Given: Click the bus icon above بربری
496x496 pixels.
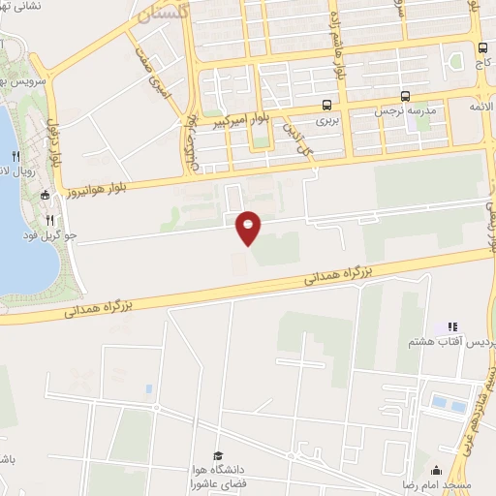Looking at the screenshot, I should (x=326, y=107).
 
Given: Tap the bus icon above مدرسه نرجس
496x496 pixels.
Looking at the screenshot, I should (x=405, y=95).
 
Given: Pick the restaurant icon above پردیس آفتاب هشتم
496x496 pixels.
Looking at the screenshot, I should (x=453, y=327).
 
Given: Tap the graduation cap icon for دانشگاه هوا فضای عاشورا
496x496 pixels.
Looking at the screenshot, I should (x=218, y=456).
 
